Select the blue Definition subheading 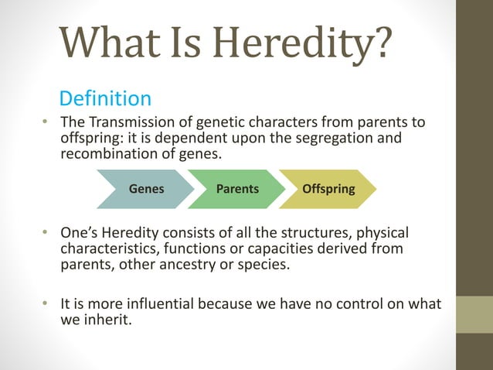point(105,99)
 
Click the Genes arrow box point(146,188)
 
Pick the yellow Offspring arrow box point(328,188)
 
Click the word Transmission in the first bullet point(127,124)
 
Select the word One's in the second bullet point(80,233)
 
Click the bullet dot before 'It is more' point(46,303)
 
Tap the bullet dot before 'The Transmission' point(46,124)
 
